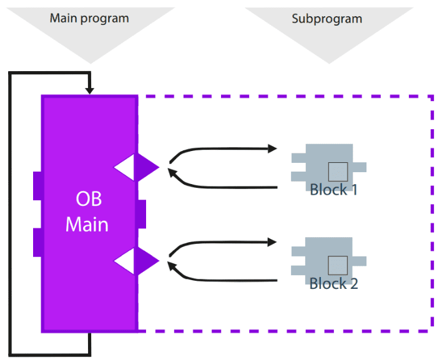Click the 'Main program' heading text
pyautogui.click(x=89, y=19)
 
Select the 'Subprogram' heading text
pyautogui.click(x=327, y=19)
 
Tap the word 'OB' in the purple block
pyautogui.click(x=89, y=198)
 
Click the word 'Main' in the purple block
pyautogui.click(x=87, y=225)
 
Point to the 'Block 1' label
pyautogui.click(x=333, y=189)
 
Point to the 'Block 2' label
pyautogui.click(x=334, y=283)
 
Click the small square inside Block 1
pyautogui.click(x=338, y=172)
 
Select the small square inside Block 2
pyautogui.click(x=338, y=265)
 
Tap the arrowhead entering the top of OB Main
pyautogui.click(x=90, y=90)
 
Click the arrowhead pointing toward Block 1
pyautogui.click(x=273, y=148)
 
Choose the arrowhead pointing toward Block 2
pyautogui.click(x=272, y=242)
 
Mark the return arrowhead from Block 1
pyautogui.click(x=172, y=172)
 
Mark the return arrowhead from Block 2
pyautogui.click(x=172, y=266)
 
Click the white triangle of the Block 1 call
pyautogui.click(x=125, y=167)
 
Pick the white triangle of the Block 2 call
pyautogui.click(x=125, y=261)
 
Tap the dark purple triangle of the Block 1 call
pyautogui.click(x=145, y=167)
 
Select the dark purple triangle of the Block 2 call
pyautogui.click(x=145, y=261)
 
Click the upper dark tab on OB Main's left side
pyautogui.click(x=37, y=186)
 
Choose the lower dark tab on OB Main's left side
pyautogui.click(x=37, y=243)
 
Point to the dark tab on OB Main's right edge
pyautogui.click(x=142, y=214)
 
